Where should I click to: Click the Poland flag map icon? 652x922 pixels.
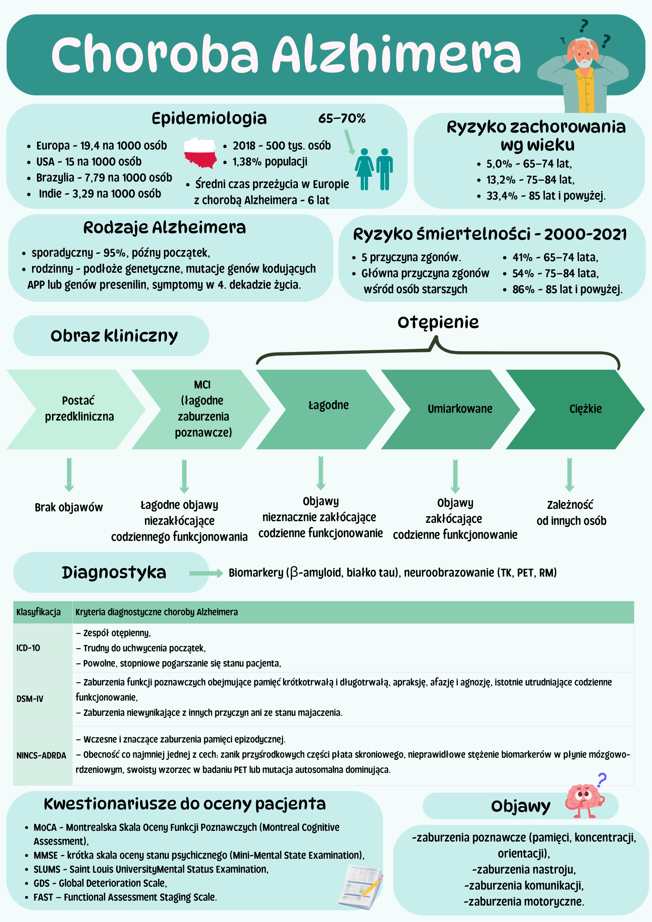(x=200, y=153)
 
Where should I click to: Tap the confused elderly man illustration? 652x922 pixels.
(x=583, y=68)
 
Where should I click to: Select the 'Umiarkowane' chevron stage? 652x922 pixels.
(x=450, y=409)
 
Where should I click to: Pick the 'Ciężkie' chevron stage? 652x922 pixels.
(x=575, y=409)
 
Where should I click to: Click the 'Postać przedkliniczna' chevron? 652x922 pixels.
(x=76, y=409)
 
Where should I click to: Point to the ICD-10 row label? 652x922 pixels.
(x=28, y=648)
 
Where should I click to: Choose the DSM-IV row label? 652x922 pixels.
(x=30, y=699)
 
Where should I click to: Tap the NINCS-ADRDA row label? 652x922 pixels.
(x=41, y=756)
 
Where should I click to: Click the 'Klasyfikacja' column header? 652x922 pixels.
(x=39, y=612)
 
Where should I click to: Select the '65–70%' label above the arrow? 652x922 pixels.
(x=342, y=119)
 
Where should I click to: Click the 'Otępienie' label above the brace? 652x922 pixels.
(x=438, y=323)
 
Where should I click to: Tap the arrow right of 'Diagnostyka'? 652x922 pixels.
(x=206, y=573)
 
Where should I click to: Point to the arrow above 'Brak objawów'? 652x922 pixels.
(x=69, y=475)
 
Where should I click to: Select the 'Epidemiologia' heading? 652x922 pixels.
(x=209, y=119)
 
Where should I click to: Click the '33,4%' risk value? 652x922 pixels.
(x=502, y=196)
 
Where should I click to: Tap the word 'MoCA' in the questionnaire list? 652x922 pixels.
(x=45, y=827)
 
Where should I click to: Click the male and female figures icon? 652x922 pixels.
(x=374, y=169)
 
